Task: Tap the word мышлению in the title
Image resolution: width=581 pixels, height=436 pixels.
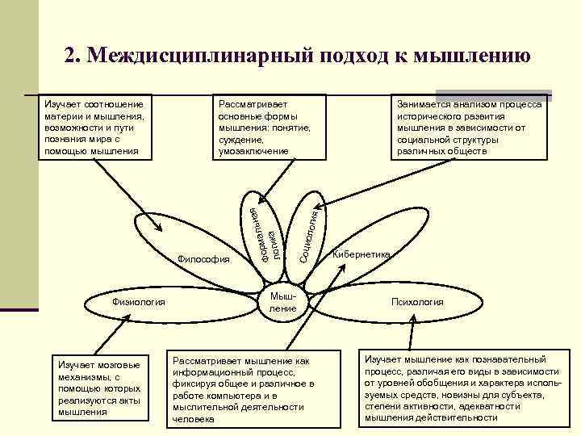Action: [x=471, y=54]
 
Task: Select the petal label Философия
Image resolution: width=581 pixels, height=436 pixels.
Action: [x=203, y=259]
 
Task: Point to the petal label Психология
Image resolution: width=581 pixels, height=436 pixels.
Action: [x=417, y=302]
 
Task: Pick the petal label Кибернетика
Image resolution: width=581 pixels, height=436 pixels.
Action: [x=362, y=254]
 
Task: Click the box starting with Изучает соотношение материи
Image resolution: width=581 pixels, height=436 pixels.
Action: [x=96, y=128]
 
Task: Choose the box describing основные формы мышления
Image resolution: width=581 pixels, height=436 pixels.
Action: [x=266, y=128]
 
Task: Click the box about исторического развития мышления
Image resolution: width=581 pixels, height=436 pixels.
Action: [x=469, y=128]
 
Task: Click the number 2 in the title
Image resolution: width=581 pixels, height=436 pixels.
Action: [x=70, y=54]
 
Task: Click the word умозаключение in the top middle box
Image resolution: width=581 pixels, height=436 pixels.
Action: [x=253, y=151]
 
